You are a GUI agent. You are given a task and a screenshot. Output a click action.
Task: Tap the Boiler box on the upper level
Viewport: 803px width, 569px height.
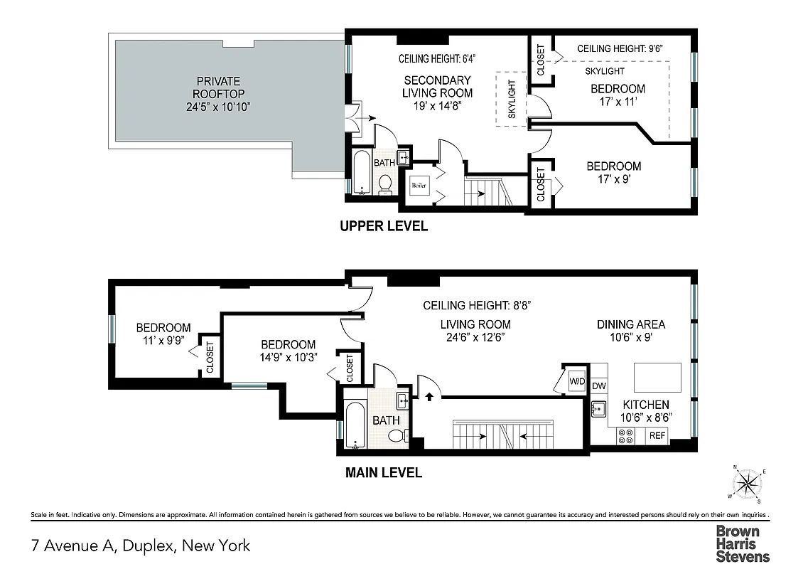coord(419,186)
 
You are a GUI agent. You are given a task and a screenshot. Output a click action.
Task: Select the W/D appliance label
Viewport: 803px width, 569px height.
coord(576,381)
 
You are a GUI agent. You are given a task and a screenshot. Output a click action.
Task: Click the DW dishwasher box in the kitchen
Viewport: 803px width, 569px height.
coord(598,386)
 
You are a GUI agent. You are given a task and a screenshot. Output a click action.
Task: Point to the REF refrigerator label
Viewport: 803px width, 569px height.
coord(657,435)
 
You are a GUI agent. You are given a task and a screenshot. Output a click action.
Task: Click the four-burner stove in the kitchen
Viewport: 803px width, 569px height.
coord(626,435)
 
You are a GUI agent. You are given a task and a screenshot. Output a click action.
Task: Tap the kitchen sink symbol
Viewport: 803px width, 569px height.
coord(598,409)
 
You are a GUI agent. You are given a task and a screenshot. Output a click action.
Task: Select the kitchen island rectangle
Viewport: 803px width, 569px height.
coord(656,374)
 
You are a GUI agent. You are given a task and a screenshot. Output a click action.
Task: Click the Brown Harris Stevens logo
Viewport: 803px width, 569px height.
coord(743,543)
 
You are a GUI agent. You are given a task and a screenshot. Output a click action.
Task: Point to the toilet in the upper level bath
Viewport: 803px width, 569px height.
coord(385,184)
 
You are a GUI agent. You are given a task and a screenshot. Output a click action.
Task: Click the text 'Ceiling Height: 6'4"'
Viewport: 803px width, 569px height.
coord(437,59)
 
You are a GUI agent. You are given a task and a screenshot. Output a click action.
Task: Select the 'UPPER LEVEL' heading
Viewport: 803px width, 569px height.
coord(384,226)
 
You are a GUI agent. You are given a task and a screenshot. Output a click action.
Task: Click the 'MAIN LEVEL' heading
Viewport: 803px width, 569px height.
coord(384,472)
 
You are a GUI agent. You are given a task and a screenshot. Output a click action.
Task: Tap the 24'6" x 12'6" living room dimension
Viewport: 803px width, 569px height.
coord(474,337)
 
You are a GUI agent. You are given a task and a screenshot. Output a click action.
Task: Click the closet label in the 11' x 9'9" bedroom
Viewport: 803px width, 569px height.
coord(210,356)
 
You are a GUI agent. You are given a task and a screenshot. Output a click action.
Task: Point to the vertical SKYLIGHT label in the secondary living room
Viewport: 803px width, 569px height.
coord(512,99)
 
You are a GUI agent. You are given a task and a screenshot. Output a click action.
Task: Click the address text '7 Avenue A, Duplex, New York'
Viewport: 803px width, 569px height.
coord(141,546)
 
